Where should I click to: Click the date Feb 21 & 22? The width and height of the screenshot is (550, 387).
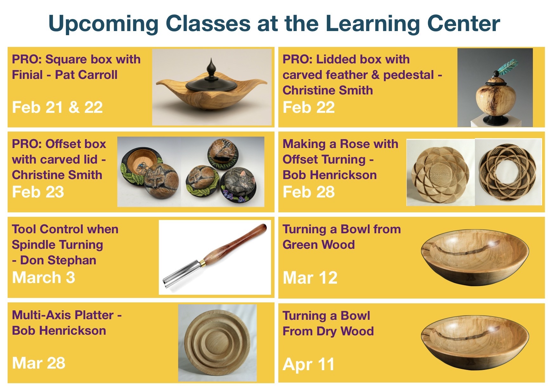point(57,107)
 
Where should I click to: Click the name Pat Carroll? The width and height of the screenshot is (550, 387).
point(86,75)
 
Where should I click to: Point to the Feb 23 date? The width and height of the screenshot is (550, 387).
point(38,192)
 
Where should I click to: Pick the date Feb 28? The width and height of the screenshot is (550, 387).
point(309,192)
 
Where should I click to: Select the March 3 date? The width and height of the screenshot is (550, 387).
point(44,277)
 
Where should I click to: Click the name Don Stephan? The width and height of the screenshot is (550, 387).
point(58,260)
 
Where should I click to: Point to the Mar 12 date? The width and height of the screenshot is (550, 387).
point(310,278)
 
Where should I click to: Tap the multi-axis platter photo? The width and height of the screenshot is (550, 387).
point(217,343)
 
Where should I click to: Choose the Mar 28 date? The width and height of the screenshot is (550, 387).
point(39,363)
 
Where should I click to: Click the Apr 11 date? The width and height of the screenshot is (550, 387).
point(308,364)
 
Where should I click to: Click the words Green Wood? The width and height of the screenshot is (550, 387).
point(319,245)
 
